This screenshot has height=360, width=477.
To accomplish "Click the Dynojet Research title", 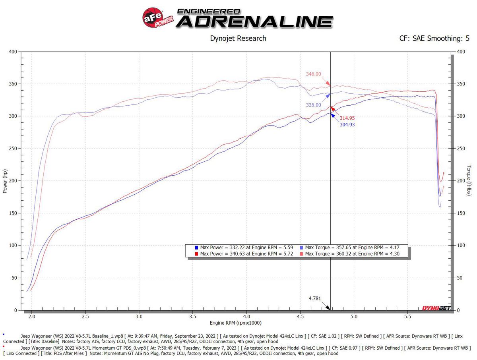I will [x=238, y=39].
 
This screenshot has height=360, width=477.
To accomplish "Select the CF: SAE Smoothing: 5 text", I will [x=434, y=39].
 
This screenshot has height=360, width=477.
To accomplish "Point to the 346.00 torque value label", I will [x=313, y=74].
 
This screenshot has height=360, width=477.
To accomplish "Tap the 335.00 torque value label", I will [x=313, y=105].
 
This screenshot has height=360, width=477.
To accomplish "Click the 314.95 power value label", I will [x=347, y=118].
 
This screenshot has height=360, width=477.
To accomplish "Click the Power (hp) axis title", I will [x=5, y=181].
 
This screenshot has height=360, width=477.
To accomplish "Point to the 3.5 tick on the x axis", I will [x=193, y=317].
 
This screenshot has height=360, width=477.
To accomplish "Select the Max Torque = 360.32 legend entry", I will [x=352, y=254].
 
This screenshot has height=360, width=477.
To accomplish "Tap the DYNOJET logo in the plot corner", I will [x=436, y=308].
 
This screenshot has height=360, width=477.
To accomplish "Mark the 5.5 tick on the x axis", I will [x=407, y=317].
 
